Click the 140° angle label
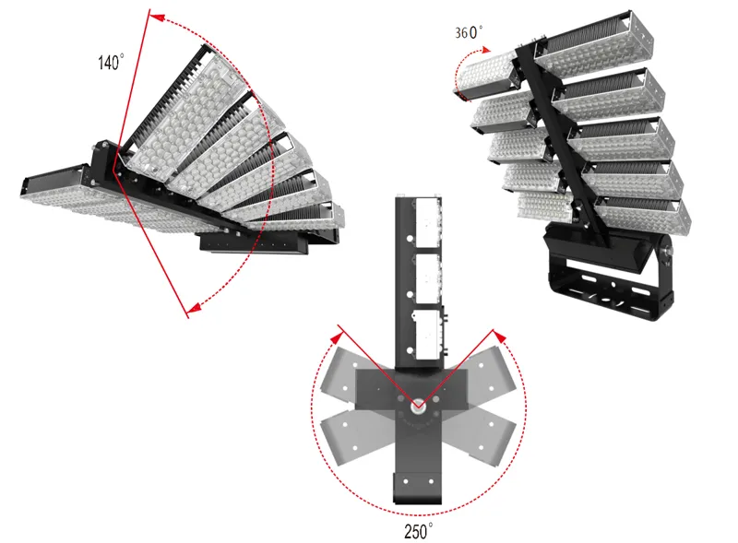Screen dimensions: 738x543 point(111,62)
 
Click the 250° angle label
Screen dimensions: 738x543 point(418,531)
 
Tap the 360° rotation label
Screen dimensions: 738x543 point(469,32)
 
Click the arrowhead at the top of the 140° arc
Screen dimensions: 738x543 point(157,18)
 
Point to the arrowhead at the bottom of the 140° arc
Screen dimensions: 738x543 point(194,307)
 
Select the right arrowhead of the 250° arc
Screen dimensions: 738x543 point(500,336)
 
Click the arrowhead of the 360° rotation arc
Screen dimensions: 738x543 point(486,49)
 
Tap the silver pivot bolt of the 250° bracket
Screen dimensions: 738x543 point(418,408)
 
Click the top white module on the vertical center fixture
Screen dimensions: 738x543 point(428,222)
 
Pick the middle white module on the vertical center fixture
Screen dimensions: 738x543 point(428,278)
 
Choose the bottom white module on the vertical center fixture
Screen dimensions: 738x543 point(428,335)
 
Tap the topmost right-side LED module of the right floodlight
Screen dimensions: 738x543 point(594,43)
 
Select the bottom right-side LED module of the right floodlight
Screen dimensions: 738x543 point(643,216)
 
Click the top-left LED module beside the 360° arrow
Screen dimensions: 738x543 point(488,76)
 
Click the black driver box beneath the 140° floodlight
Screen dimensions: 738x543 point(255,243)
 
